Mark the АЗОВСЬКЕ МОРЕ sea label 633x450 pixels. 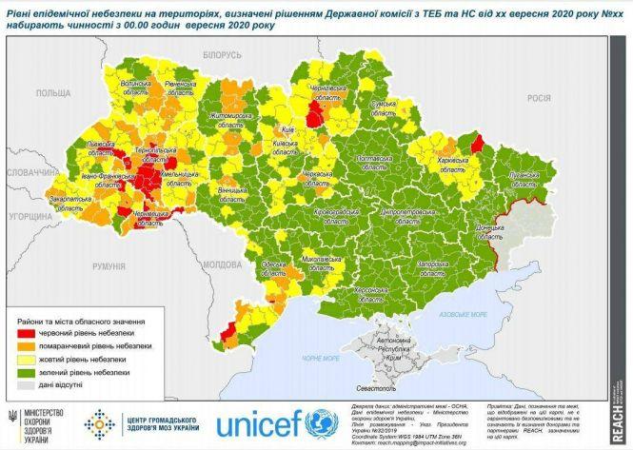tap(464, 313)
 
